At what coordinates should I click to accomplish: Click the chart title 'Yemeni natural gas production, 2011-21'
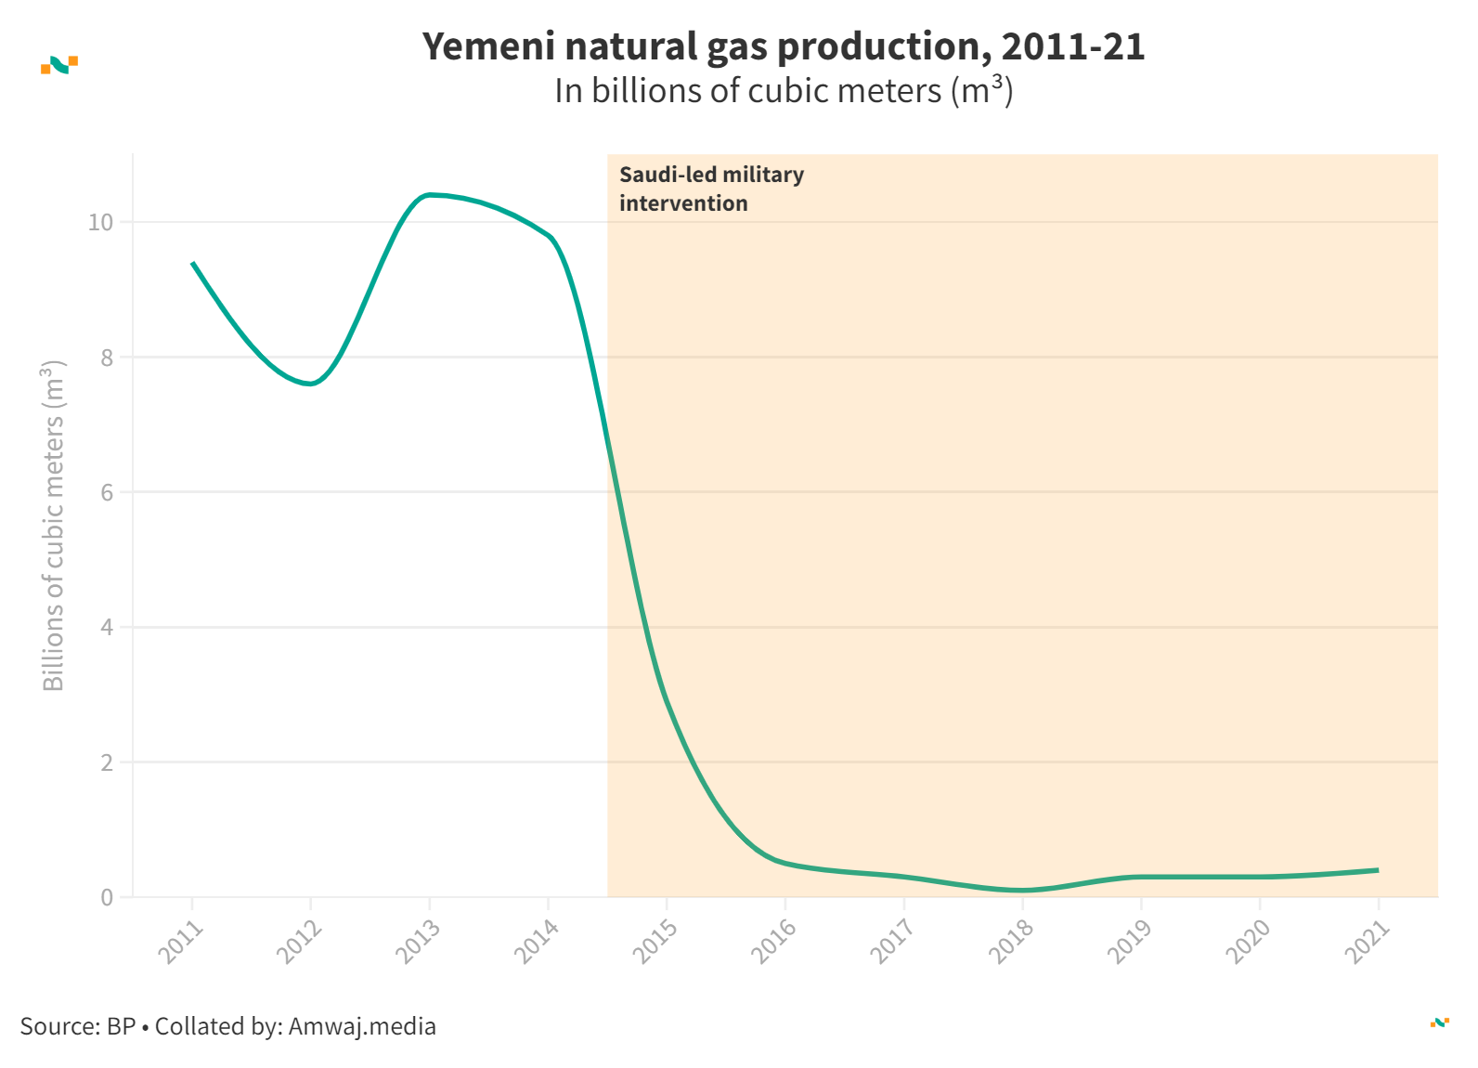783,46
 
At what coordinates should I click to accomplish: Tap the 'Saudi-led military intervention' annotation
711,189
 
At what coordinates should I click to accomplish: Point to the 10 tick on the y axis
100,222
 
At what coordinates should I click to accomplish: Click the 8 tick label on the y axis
107,358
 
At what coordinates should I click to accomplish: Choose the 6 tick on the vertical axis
107,492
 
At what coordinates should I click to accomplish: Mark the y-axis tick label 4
107,628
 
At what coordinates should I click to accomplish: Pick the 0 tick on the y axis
107,897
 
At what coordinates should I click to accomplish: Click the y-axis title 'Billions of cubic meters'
54,526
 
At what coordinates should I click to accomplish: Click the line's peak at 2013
429,195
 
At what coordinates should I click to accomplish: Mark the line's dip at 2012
310,384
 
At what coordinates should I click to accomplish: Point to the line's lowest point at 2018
1022,890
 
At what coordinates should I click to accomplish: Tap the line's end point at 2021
1378,870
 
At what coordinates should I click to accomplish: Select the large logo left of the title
59,65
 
